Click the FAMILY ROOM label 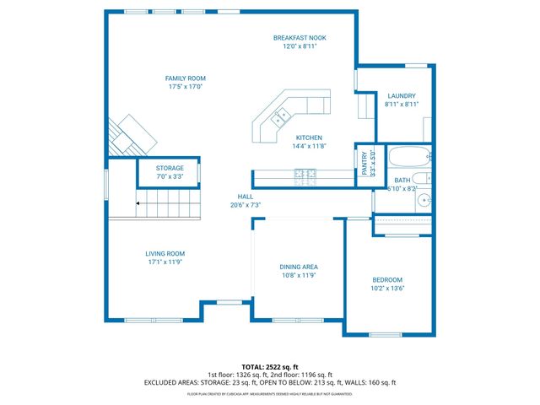[x=185, y=78]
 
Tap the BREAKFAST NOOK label [x=300, y=38]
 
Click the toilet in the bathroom [x=425, y=179]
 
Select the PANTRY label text [x=365, y=160]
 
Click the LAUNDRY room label [x=402, y=95]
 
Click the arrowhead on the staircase [x=139, y=203]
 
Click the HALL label [x=246, y=196]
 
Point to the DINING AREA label [x=299, y=267]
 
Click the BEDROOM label [x=388, y=279]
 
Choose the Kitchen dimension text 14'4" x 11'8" [x=308, y=146]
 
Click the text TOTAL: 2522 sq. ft [x=270, y=367]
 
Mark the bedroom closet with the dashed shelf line [x=402, y=220]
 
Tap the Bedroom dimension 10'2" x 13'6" [x=388, y=288]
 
